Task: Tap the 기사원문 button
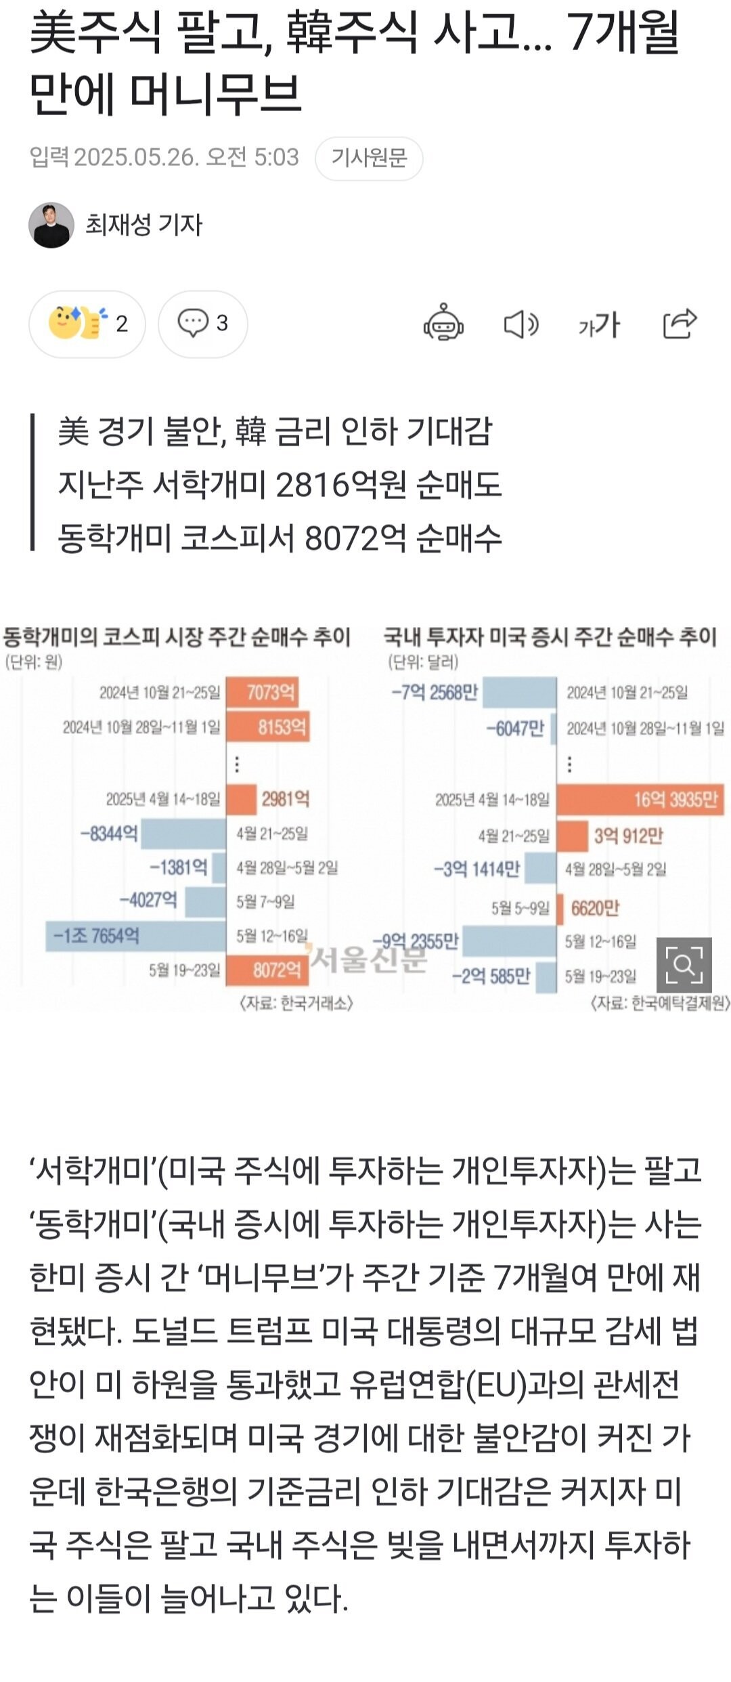[x=369, y=158]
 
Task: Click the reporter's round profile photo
[x=51, y=225]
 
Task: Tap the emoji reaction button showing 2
[x=87, y=324]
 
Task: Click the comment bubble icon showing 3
[x=202, y=324]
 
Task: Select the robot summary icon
[x=443, y=322]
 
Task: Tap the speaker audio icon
[x=520, y=324]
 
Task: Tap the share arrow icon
[x=680, y=323]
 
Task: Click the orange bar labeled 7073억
[x=262, y=692]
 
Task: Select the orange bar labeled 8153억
[x=267, y=727]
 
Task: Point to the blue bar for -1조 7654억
[x=135, y=936]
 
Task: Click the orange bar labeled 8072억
[x=267, y=970]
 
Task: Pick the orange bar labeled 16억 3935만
[x=640, y=800]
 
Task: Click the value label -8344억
[x=109, y=833]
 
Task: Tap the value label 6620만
[x=595, y=907]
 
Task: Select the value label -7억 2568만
[x=435, y=692]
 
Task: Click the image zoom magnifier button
[x=684, y=964]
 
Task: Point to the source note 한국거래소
[x=296, y=1003]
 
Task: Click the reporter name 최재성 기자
[x=143, y=225]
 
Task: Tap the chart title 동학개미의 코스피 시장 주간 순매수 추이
[x=177, y=637]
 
